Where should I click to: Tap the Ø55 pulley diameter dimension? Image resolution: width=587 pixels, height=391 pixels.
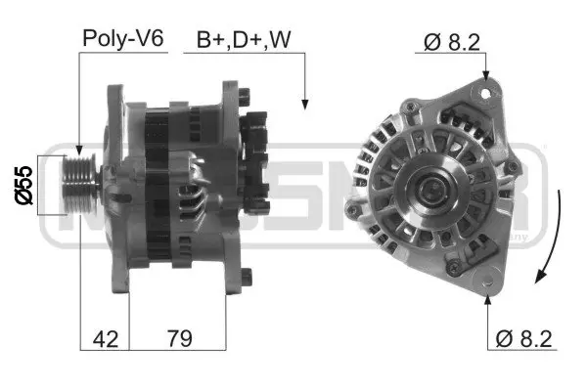pyautogui.click(x=25, y=184)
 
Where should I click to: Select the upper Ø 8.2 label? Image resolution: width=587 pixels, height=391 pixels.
pyautogui.click(x=452, y=41)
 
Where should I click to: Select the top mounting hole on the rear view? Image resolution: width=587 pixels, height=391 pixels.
pyautogui.click(x=484, y=93)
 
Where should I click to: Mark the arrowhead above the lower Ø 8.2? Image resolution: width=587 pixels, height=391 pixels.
pyautogui.click(x=486, y=295)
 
